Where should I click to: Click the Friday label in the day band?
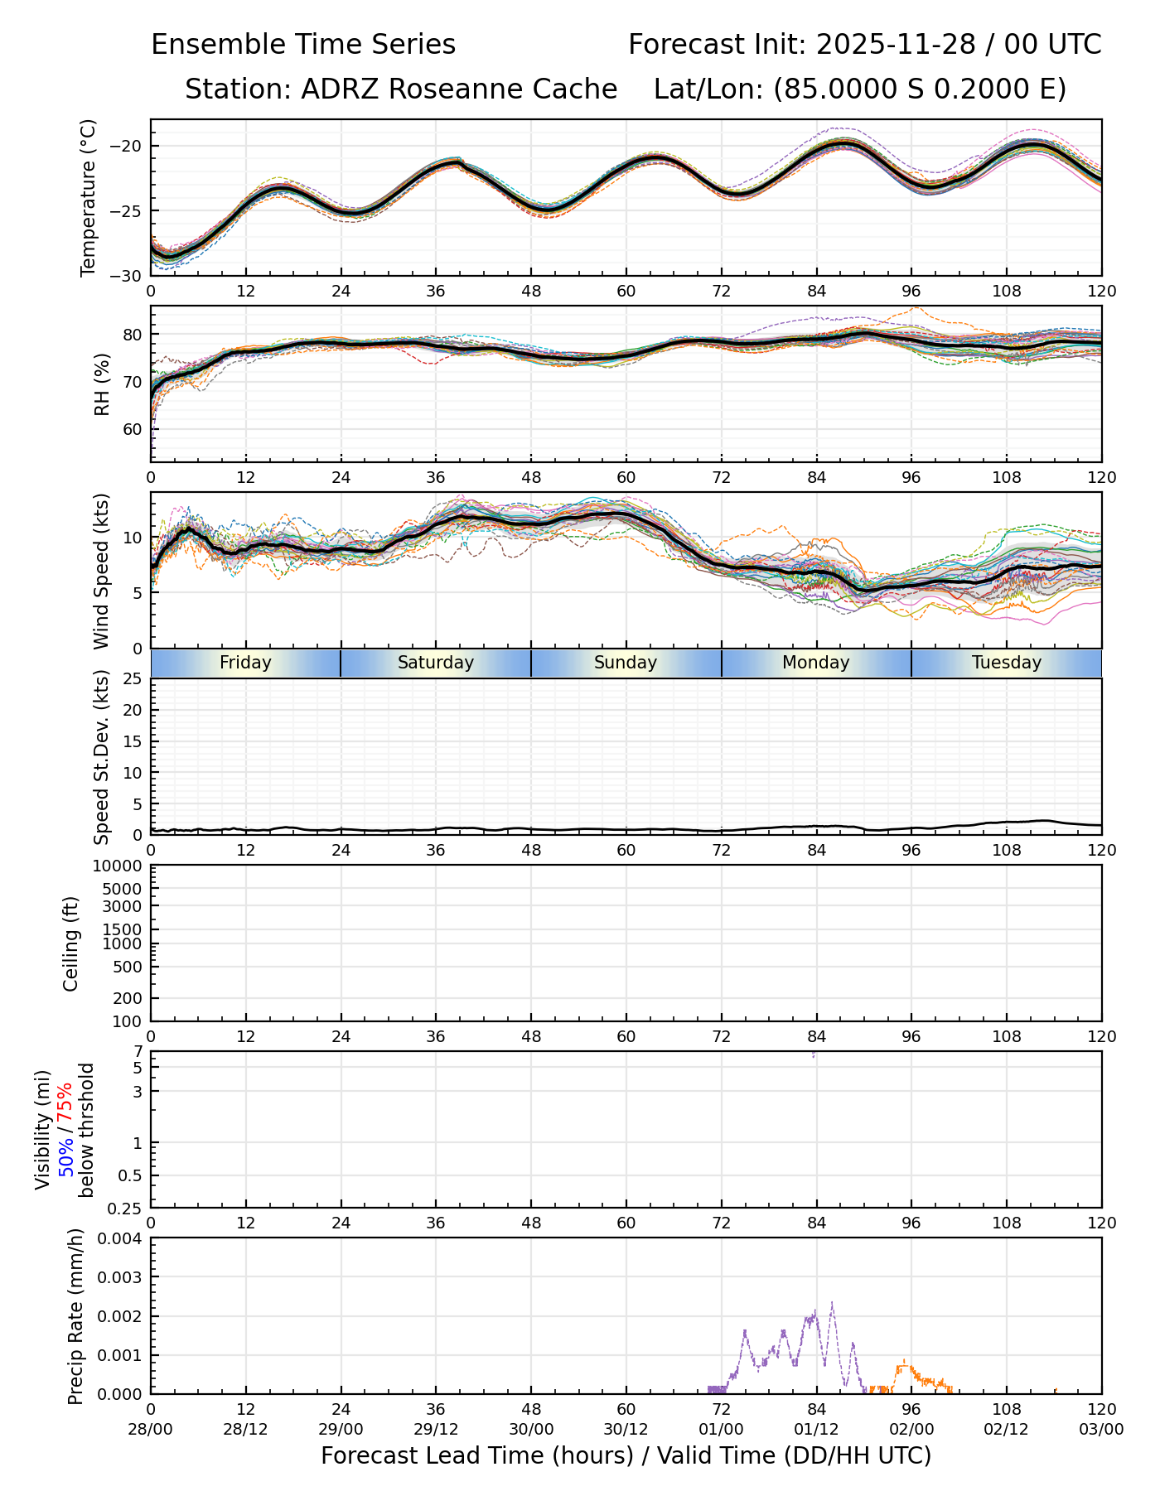245,663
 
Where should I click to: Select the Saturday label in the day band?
436,663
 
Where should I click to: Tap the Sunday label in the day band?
626,663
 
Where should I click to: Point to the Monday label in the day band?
816,663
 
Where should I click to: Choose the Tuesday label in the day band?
1007,663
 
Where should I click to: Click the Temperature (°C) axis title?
89,197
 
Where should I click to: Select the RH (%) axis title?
102,384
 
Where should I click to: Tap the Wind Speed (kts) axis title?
102,571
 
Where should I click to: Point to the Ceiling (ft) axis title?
71,943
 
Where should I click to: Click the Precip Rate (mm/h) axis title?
76,1316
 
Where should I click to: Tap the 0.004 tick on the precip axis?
121,1238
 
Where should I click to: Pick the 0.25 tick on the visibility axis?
126,1208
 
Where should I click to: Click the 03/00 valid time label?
1101,1430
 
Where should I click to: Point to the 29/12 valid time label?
436,1430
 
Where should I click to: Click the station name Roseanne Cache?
502,89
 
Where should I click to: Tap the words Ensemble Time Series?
303,45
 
